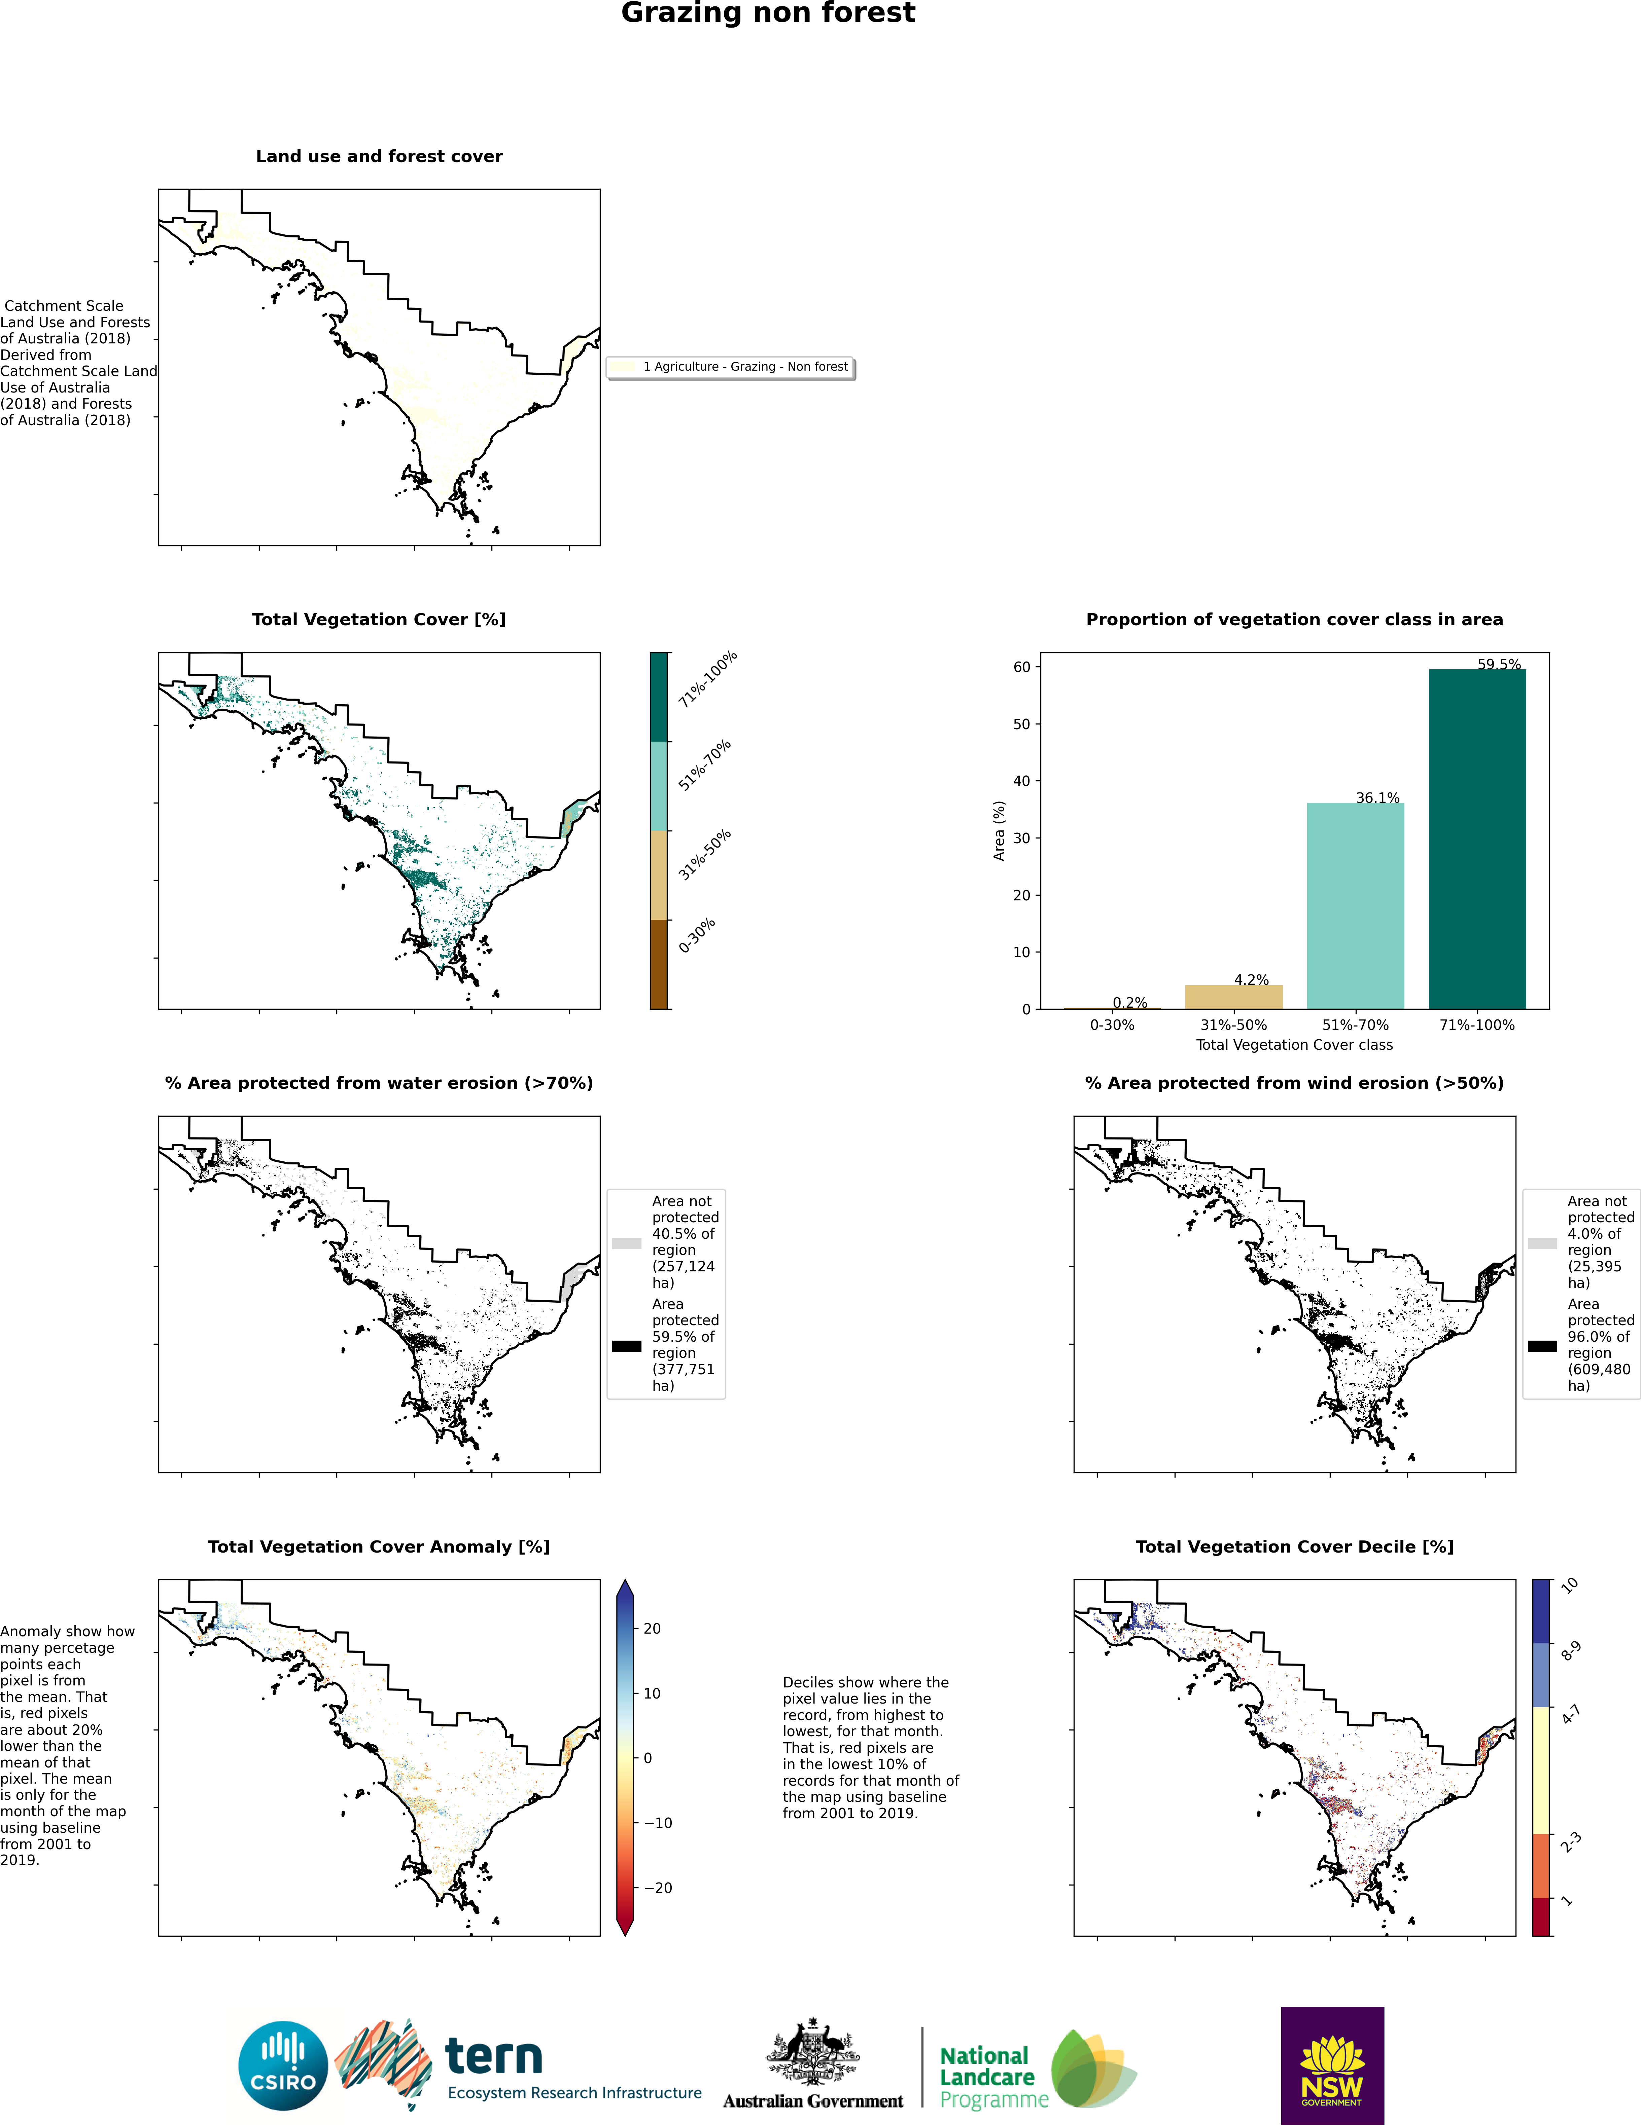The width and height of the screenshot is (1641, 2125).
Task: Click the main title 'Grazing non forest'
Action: point(768,13)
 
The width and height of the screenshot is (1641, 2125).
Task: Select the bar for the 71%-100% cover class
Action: point(1476,839)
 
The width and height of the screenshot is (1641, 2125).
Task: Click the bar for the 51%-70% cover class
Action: point(1355,906)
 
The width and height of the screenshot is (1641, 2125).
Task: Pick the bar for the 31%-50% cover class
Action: point(1233,997)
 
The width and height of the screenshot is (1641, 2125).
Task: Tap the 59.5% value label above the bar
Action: point(1499,665)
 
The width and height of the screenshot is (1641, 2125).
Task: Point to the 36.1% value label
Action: point(1377,798)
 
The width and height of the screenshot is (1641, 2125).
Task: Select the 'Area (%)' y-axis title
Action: point(999,831)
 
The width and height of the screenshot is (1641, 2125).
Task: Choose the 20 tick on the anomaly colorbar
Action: point(652,1629)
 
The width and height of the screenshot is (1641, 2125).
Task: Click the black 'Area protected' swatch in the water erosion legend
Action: point(627,1347)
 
